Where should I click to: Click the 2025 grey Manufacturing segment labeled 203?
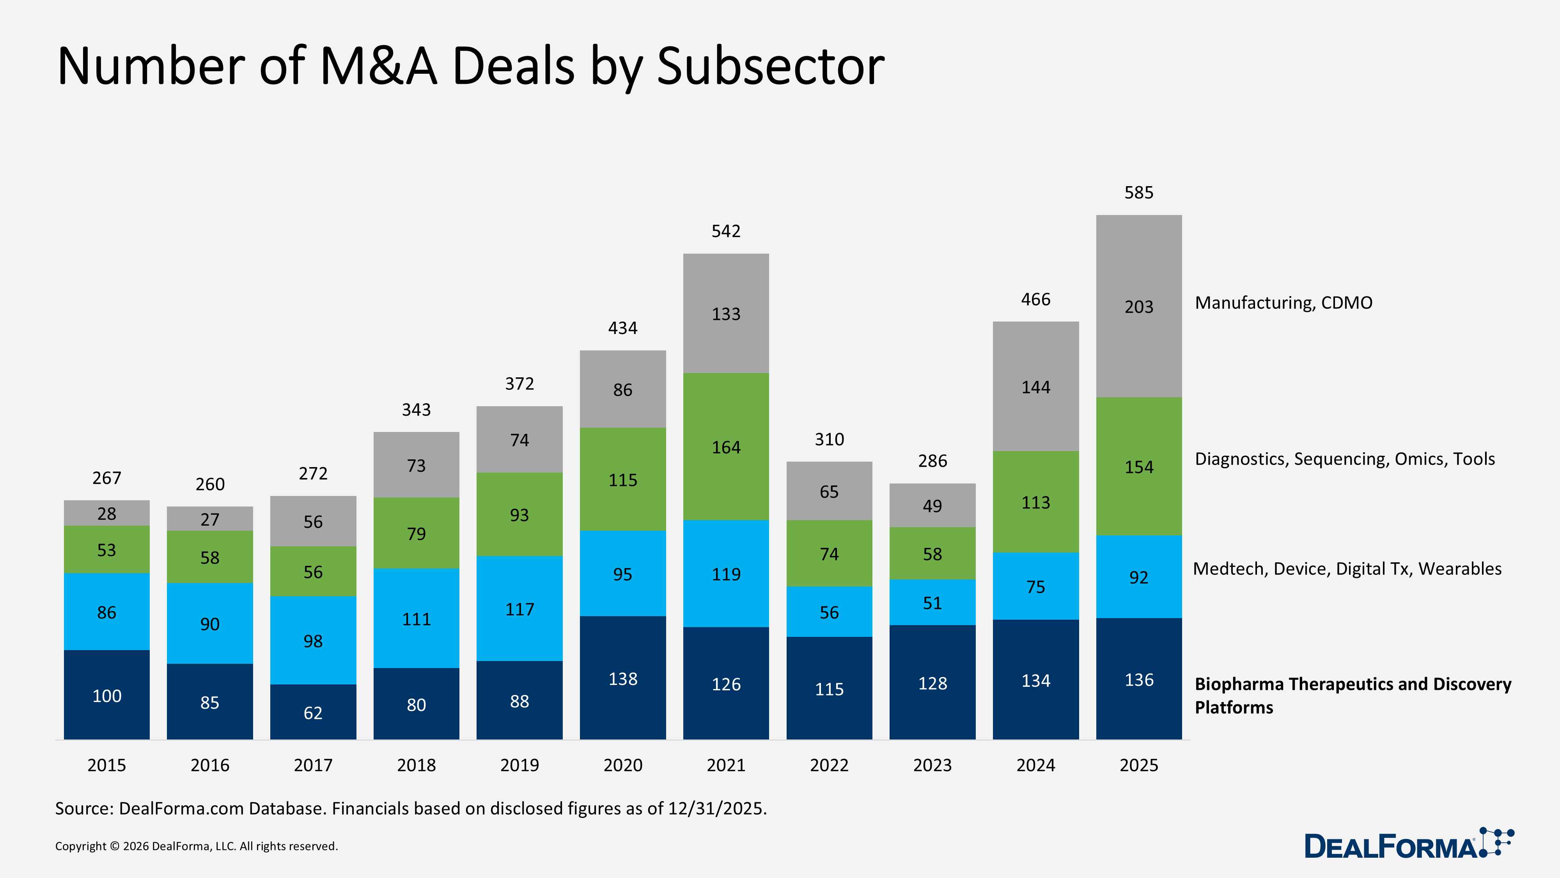1138,307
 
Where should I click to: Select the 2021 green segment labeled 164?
725,447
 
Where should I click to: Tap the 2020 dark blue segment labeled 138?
622,679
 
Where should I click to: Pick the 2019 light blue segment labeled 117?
519,609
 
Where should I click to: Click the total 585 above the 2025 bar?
1138,193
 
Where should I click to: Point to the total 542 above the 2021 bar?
725,231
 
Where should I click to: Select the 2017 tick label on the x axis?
312,765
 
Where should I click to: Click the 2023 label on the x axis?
932,765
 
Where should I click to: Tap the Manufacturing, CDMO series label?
1283,302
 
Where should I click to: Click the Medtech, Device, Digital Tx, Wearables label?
1347,569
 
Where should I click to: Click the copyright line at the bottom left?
196,846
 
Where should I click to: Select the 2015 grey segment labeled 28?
106,513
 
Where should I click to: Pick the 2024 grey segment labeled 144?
1035,387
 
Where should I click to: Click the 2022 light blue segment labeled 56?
829,612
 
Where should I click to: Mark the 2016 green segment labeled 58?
209,558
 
